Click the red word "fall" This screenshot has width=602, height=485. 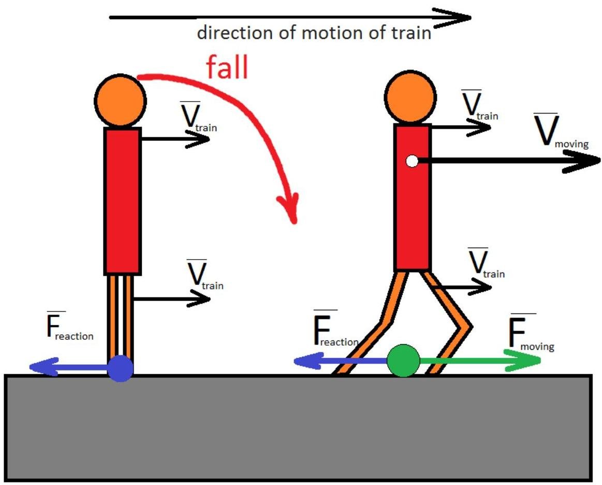pos(227,67)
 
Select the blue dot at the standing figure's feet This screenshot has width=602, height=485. pos(121,368)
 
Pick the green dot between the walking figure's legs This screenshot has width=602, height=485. pos(403,361)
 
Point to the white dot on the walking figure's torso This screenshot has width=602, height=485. pos(412,161)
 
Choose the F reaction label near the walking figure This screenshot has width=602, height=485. pos(334,332)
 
